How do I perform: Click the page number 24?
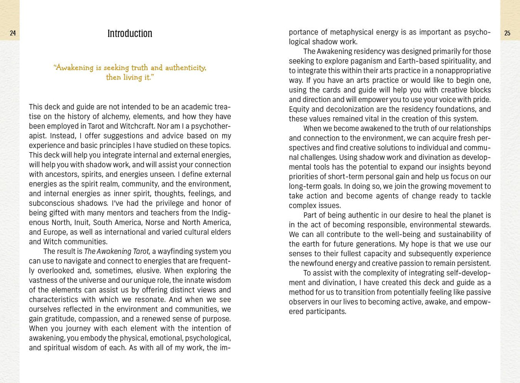(x=13, y=33)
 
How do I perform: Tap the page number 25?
(x=507, y=33)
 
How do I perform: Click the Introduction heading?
(x=130, y=34)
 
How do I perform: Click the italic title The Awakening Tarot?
(x=117, y=252)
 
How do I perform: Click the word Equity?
(x=299, y=109)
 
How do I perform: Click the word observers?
(x=307, y=302)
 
